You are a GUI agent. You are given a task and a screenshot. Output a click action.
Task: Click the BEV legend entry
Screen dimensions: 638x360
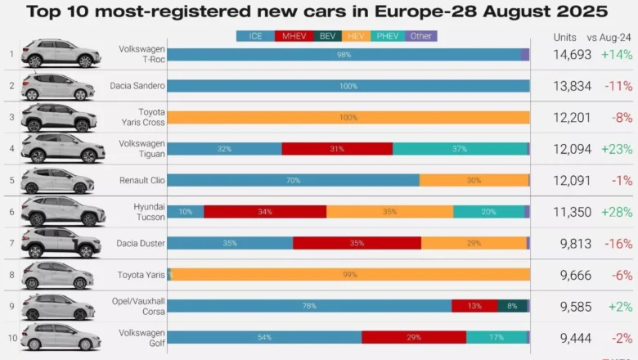(327, 36)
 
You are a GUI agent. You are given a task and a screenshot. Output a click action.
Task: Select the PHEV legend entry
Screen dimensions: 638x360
(388, 36)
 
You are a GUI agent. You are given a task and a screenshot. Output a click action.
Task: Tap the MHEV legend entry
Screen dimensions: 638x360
(294, 36)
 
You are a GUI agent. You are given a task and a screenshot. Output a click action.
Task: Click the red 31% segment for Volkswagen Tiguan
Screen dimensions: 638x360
(337, 149)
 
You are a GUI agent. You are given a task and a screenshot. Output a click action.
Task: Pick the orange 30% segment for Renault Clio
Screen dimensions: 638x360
(474, 180)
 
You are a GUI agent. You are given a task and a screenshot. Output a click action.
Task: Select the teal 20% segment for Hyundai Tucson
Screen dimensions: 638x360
(488, 212)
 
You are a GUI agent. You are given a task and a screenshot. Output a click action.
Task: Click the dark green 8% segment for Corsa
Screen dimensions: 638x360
(512, 306)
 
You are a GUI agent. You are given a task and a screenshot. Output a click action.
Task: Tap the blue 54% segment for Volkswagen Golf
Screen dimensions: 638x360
(264, 337)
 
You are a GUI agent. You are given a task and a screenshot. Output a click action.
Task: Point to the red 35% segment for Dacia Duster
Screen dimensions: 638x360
(357, 243)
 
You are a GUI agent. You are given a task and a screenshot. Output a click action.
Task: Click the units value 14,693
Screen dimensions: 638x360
(572, 55)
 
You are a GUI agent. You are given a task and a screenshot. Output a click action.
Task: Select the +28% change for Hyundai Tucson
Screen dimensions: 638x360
(617, 212)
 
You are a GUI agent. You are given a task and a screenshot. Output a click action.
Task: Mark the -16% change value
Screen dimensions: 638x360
(618, 244)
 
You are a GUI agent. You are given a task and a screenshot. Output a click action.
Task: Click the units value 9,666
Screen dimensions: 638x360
(576, 276)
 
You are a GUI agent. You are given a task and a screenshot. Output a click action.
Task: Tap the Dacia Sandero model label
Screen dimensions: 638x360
(137, 86)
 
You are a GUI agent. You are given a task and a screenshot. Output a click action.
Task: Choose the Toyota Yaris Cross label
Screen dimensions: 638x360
(143, 117)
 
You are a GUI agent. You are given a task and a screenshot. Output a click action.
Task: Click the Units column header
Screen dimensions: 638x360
(564, 38)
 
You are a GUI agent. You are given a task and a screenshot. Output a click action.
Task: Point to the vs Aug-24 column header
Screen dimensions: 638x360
(609, 38)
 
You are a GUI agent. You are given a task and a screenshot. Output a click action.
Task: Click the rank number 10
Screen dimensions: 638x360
(12, 338)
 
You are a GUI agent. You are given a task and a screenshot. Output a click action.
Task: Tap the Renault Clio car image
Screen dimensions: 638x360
(58, 181)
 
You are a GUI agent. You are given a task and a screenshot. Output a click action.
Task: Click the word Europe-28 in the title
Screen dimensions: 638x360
(426, 11)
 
